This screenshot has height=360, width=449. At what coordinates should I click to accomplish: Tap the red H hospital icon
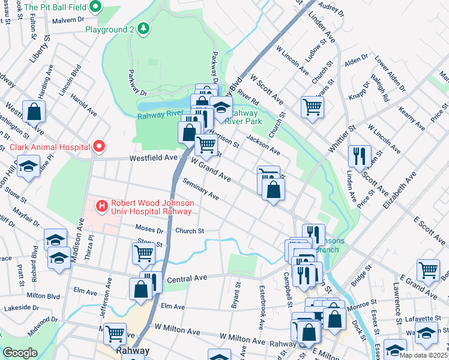click(101, 206)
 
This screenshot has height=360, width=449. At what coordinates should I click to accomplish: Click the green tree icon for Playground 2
click(143, 28)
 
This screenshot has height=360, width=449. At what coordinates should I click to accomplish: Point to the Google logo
click(20, 353)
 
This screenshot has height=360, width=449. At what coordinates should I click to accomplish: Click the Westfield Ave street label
click(155, 158)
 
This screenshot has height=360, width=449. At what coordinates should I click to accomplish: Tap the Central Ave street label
click(187, 279)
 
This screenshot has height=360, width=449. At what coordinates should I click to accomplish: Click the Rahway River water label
click(160, 115)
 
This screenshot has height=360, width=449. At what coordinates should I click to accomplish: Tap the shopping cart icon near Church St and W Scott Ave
click(312, 107)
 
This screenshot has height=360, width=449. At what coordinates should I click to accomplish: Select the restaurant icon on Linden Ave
click(360, 155)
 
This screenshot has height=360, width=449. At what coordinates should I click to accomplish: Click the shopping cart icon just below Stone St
click(143, 253)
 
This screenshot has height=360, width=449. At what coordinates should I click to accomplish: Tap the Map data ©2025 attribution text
click(423, 355)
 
